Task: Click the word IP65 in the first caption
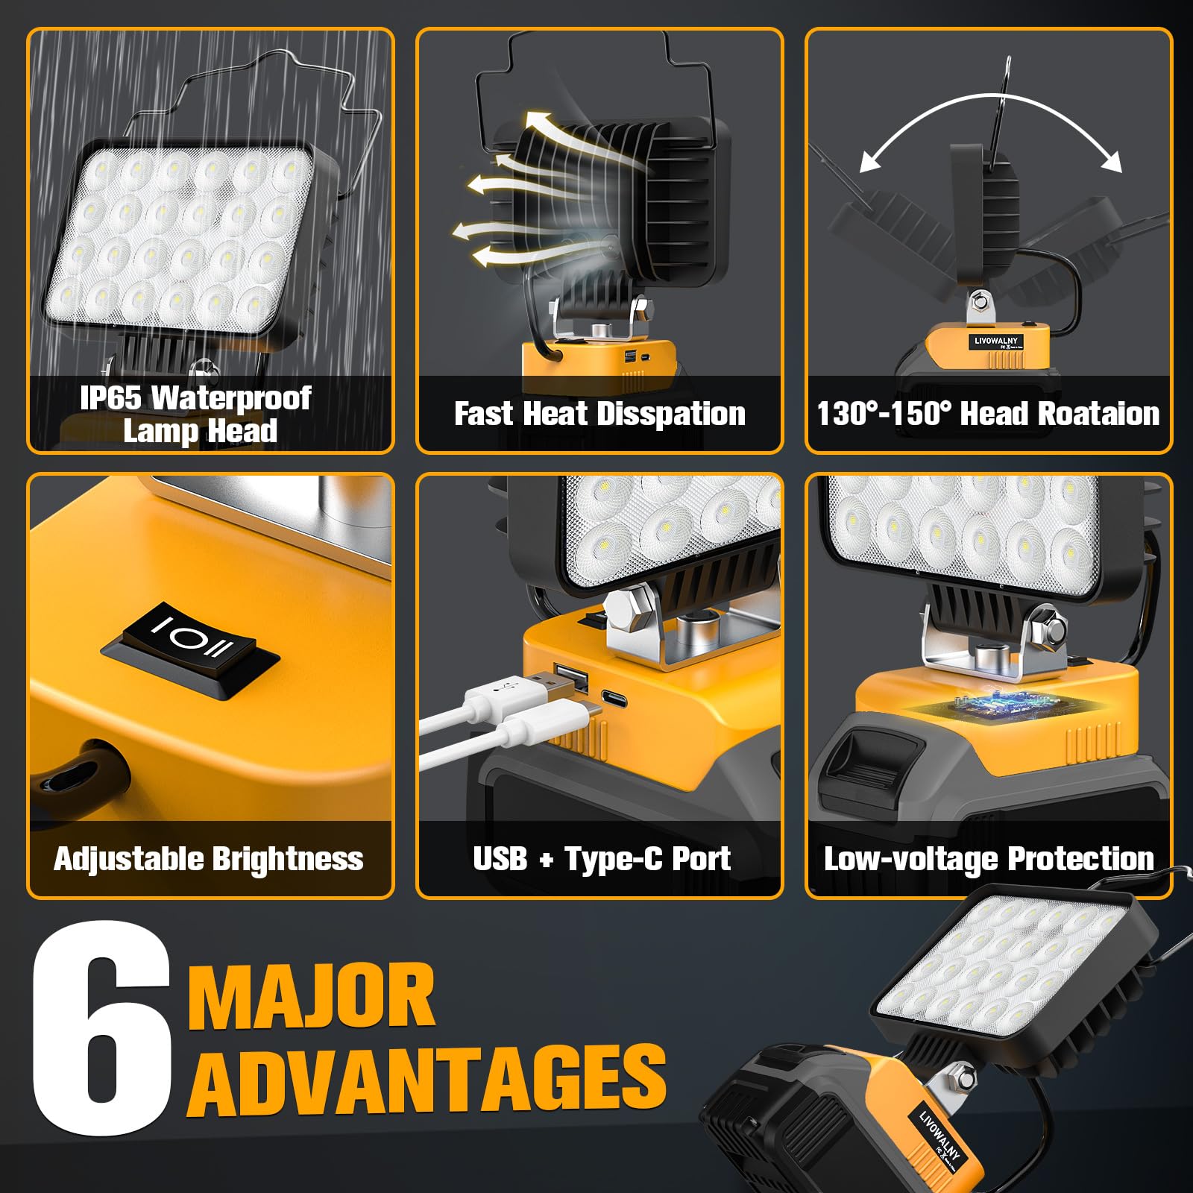click(110, 399)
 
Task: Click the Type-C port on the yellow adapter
click(613, 701)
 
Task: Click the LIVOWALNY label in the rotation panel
click(995, 341)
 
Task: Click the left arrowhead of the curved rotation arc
click(868, 163)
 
